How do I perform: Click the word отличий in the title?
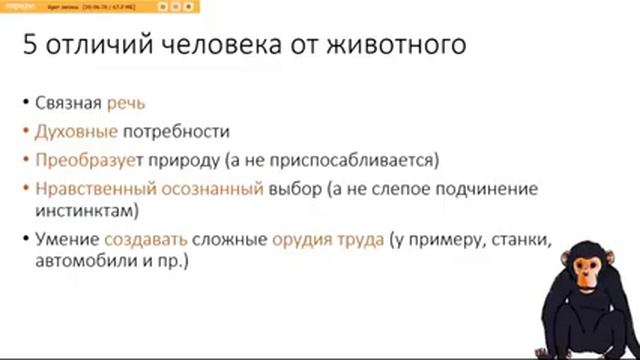[95, 47]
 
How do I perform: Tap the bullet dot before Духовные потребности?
[22, 131]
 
